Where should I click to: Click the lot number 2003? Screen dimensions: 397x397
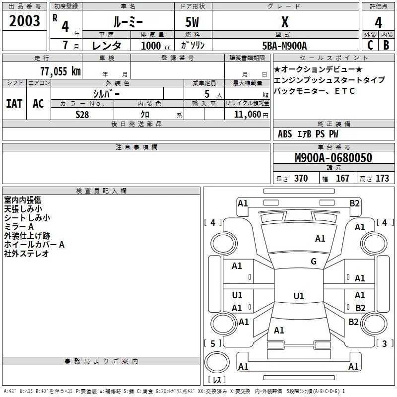tap(25, 21)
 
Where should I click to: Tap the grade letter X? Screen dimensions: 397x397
tap(285, 22)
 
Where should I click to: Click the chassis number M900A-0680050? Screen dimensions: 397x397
tap(333, 158)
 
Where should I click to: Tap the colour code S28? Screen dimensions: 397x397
tap(82, 115)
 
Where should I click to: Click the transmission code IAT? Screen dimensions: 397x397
tap(14, 104)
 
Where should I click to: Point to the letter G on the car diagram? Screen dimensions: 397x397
tap(314, 262)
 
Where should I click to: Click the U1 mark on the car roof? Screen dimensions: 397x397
tap(299, 296)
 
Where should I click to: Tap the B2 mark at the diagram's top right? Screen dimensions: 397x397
tap(354, 203)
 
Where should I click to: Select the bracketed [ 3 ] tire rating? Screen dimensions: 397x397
tap(384, 343)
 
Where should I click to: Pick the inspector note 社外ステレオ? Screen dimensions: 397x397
tap(27, 254)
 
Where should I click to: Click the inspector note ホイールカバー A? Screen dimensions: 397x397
tap(34, 245)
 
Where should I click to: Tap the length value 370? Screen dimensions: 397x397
tap(301, 179)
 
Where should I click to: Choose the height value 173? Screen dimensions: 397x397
tap(382, 179)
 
